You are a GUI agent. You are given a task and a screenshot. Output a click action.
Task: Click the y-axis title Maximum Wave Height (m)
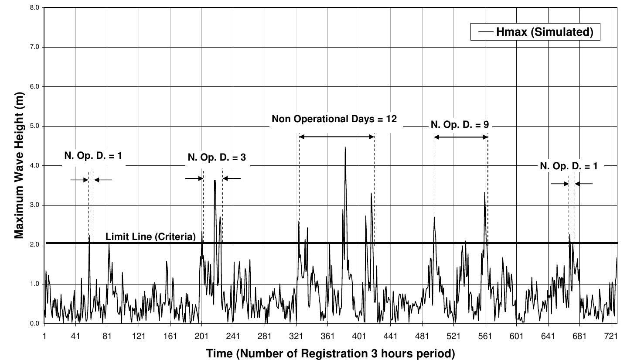tap(19, 165)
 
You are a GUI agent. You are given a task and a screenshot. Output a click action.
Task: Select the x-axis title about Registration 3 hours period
tap(330, 353)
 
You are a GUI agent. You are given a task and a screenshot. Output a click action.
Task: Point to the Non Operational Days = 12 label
tap(334, 119)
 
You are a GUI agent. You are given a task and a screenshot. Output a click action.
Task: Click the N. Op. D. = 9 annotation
tap(460, 125)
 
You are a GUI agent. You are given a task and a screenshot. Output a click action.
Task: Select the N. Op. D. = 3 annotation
tap(217, 157)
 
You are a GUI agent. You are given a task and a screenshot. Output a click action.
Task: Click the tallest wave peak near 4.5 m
tap(345, 147)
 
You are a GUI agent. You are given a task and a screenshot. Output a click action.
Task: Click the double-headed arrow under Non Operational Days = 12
tap(337, 137)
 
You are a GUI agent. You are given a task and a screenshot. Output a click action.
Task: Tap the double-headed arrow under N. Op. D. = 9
tap(461, 137)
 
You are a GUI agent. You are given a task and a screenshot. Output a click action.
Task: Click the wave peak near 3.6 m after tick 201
tap(215, 181)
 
